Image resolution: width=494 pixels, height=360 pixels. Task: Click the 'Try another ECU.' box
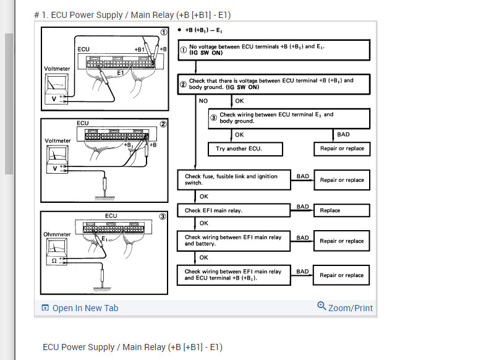pos(245,148)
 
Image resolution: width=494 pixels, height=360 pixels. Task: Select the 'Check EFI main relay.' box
pos(233,210)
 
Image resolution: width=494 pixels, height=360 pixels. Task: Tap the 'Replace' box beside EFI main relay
pos(341,210)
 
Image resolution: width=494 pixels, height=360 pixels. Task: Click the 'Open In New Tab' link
pos(80,308)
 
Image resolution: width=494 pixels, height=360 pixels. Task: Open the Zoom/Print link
pos(345,307)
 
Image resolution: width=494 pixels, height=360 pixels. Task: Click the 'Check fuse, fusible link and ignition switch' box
pos(233,179)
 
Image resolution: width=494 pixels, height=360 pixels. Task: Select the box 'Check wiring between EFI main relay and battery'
pos(233,241)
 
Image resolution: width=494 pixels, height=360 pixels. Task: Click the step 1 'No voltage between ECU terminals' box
pos(273,50)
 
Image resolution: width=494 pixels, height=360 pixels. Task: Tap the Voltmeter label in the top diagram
pos(57,69)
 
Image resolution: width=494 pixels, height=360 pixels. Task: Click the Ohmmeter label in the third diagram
pos(57,234)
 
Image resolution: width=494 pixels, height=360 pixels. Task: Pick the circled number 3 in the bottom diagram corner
pos(163,216)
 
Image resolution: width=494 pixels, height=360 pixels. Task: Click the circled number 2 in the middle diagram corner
pos(163,124)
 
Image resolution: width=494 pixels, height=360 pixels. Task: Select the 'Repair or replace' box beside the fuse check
pos(341,180)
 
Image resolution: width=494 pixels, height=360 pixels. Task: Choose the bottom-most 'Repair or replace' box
pos(341,275)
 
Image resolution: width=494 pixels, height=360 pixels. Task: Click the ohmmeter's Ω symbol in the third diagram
pos(54,260)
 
